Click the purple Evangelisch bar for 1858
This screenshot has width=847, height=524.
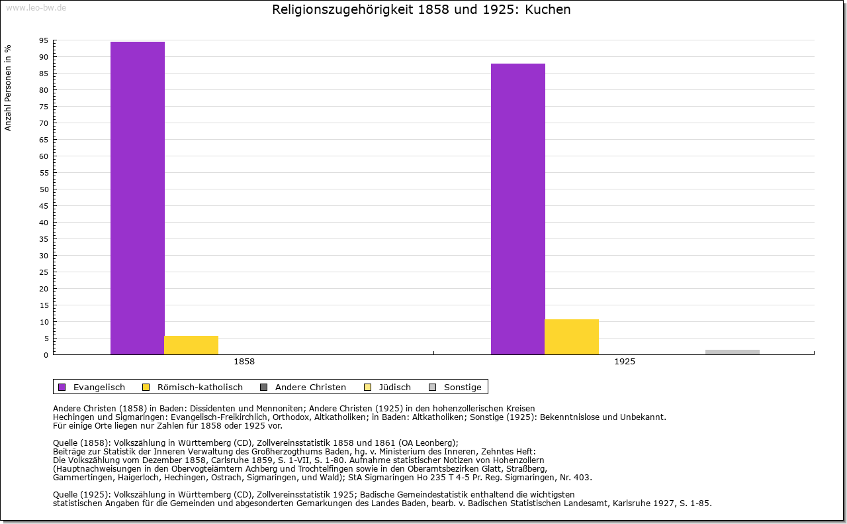point(138,198)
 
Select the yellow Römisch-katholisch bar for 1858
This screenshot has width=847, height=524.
point(191,345)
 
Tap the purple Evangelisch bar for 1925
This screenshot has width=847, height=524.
point(518,209)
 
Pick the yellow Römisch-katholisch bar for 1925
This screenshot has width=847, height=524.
point(572,337)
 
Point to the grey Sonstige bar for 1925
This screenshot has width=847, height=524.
point(733,352)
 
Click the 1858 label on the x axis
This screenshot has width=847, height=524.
point(244,362)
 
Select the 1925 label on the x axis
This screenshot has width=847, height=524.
point(625,362)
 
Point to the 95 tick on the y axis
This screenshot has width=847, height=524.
point(44,40)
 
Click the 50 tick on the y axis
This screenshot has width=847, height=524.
point(44,189)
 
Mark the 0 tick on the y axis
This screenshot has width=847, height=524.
point(46,355)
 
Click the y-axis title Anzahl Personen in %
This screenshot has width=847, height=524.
point(9,87)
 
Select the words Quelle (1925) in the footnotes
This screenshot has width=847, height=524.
point(83,494)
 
